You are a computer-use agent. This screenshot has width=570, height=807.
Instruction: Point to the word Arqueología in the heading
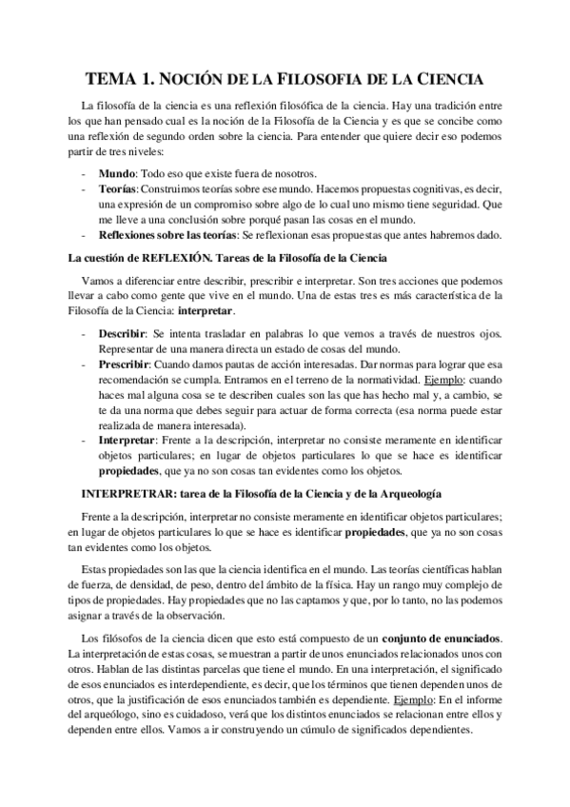coord(408,492)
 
